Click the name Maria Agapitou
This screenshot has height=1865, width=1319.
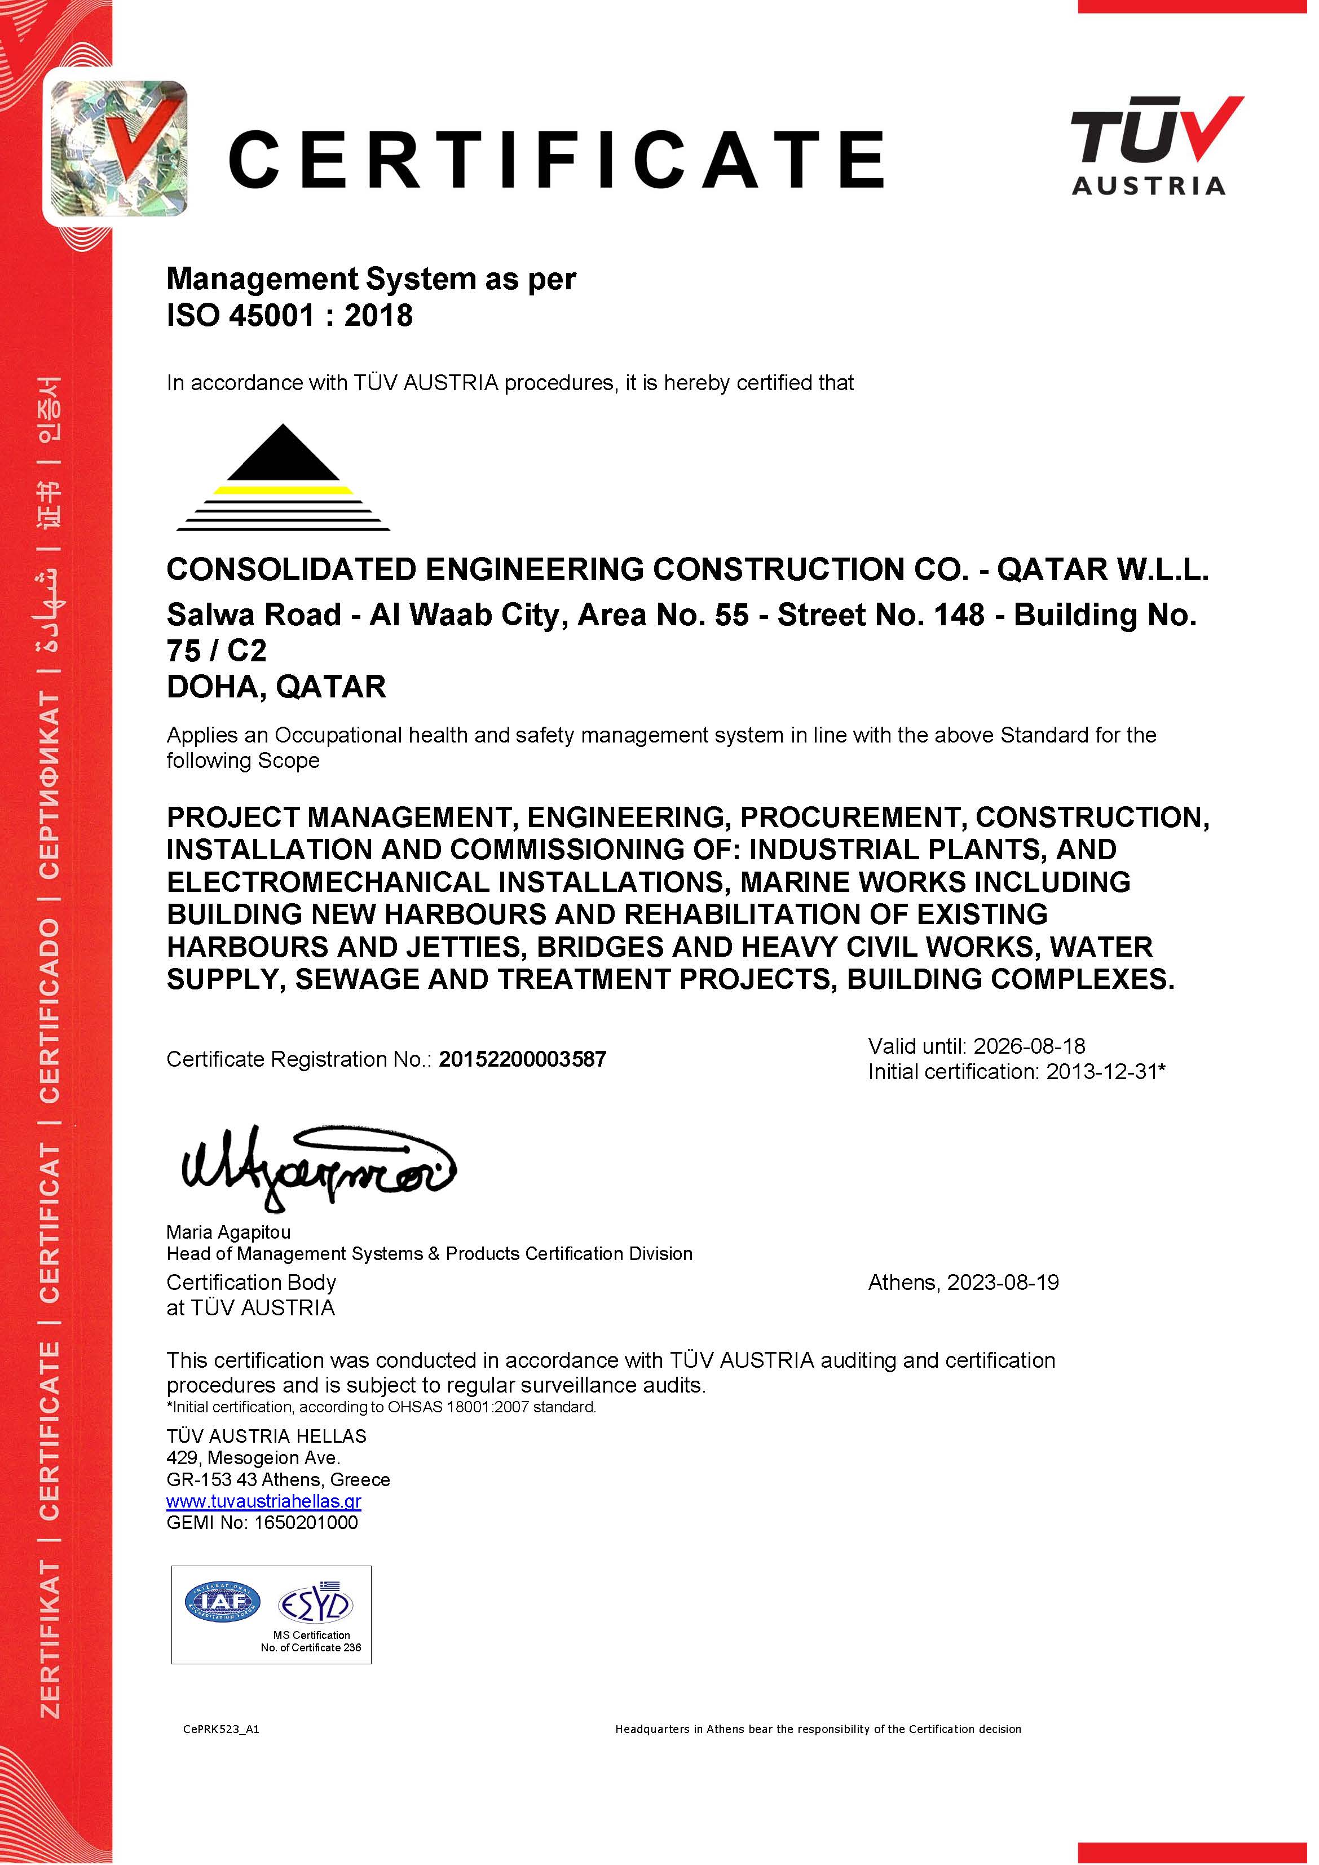point(228,1232)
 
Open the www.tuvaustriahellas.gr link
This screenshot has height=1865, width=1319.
point(263,1501)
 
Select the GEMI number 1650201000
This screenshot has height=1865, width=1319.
point(306,1522)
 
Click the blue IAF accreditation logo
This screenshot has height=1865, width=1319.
point(223,1601)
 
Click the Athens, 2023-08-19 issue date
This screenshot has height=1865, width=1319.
point(963,1283)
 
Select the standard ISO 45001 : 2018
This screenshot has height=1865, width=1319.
point(289,315)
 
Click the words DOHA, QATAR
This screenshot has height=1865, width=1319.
point(276,687)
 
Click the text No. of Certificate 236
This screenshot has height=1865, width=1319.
point(311,1647)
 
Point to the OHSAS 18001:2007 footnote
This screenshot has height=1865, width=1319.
point(381,1407)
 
